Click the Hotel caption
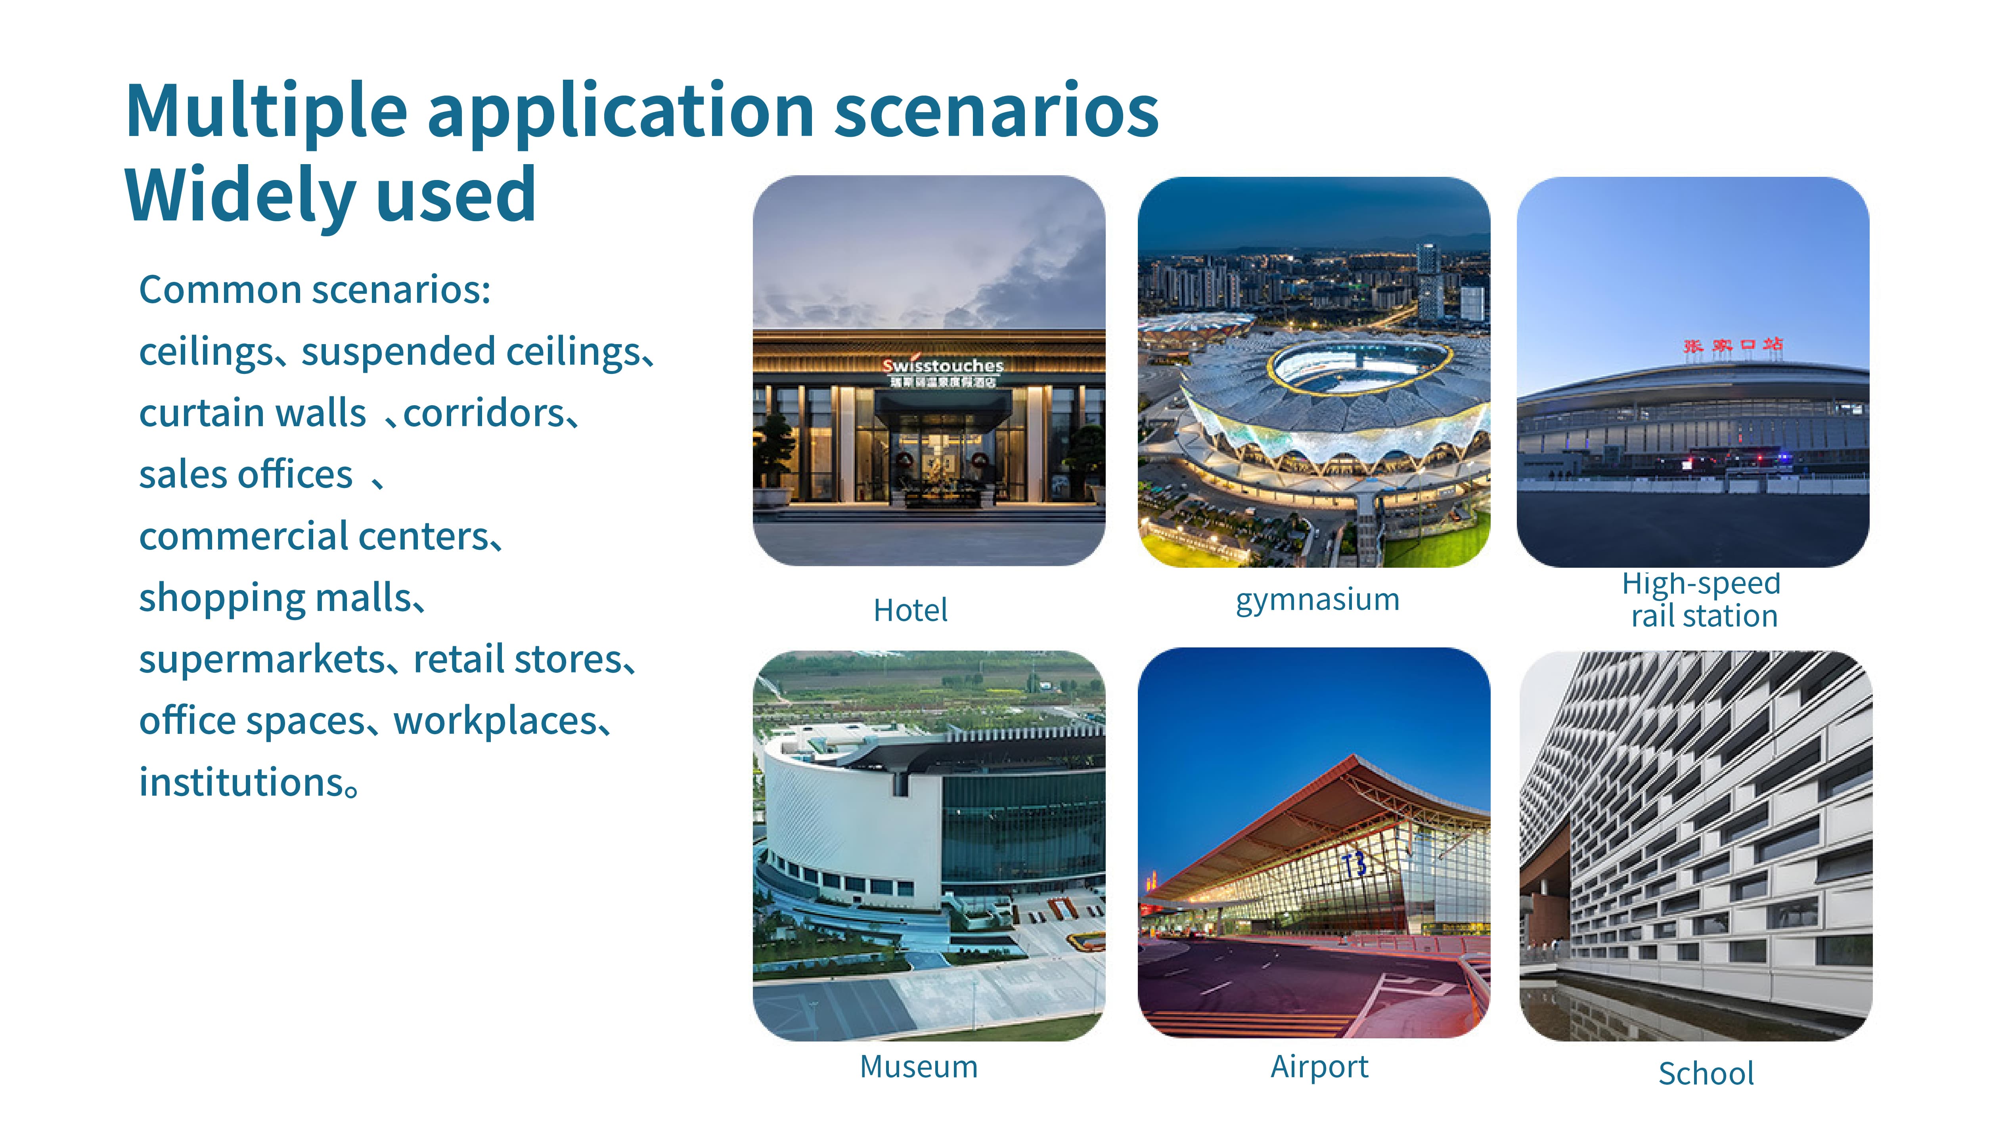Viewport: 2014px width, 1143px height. tap(910, 610)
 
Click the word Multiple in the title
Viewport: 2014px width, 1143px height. tap(266, 111)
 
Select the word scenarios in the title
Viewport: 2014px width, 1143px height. tap(996, 111)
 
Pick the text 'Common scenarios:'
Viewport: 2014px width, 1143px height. tap(315, 290)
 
